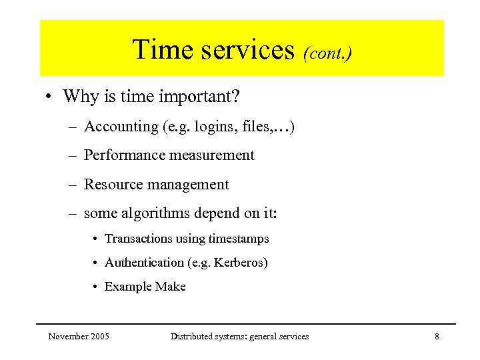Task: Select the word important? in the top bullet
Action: point(199,97)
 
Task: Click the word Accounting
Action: point(121,126)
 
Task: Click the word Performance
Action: point(125,155)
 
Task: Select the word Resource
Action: point(113,185)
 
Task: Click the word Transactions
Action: point(138,239)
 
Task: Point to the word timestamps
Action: point(239,239)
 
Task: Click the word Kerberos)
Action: point(241,263)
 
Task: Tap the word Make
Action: point(171,287)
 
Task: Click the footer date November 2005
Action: point(79,337)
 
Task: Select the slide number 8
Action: point(437,337)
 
